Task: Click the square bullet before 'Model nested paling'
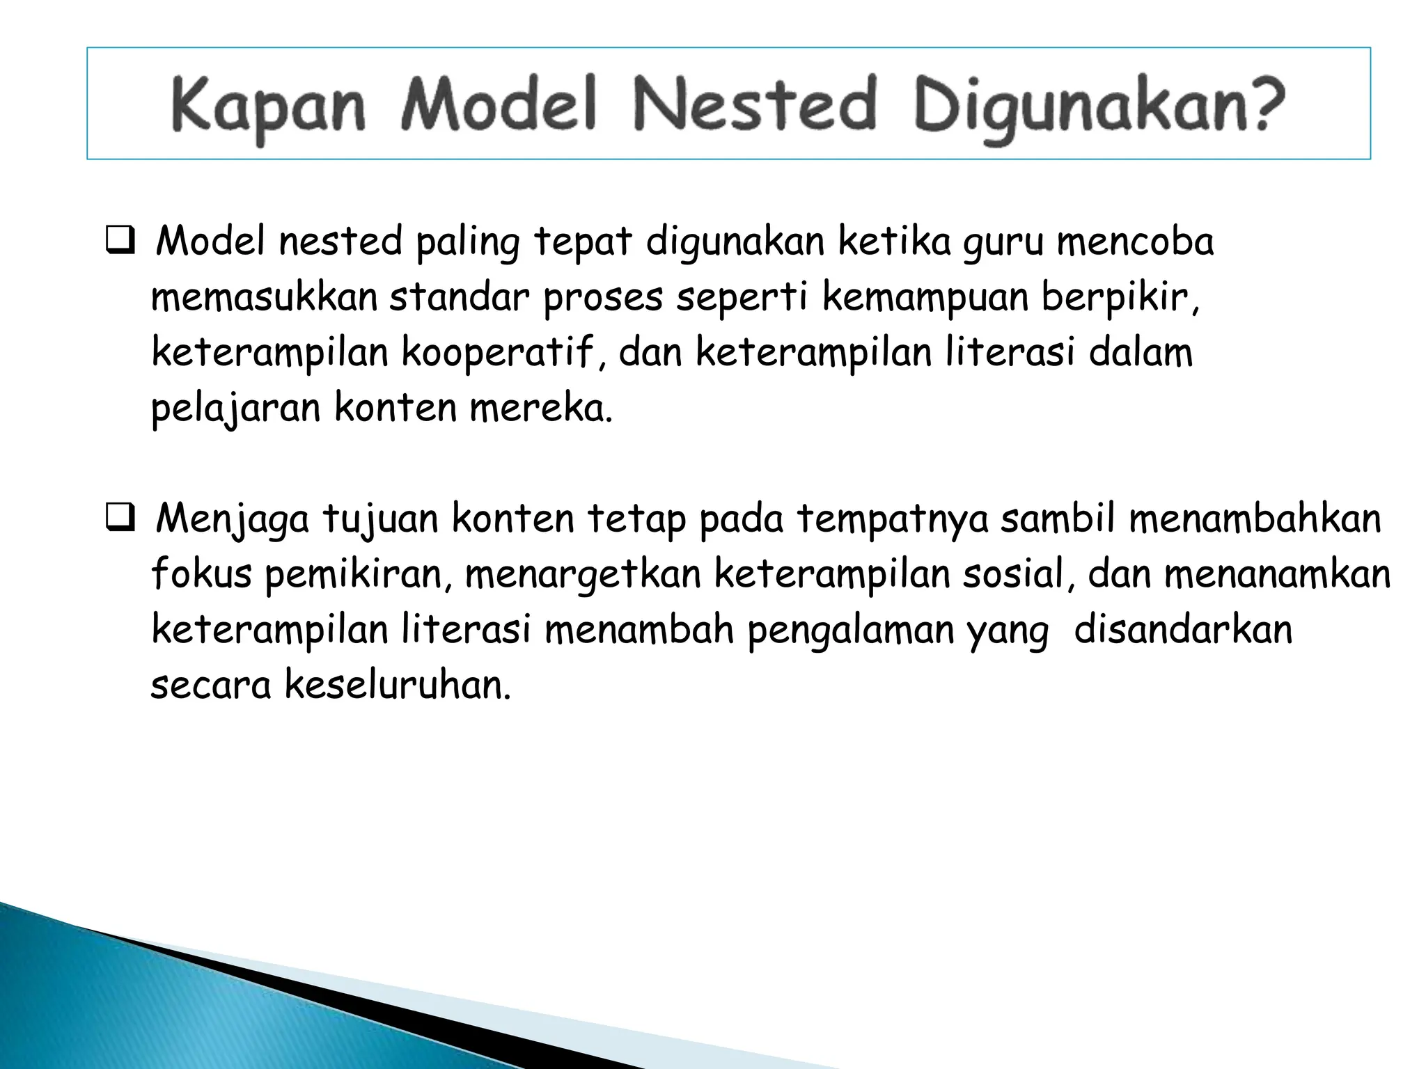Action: (x=120, y=242)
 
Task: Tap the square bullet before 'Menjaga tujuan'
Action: (x=120, y=519)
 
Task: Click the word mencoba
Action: (x=1135, y=241)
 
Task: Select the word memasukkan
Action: (x=264, y=297)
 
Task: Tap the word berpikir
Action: (x=1120, y=299)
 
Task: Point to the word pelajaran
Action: (x=235, y=409)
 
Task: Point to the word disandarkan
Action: (x=1183, y=630)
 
